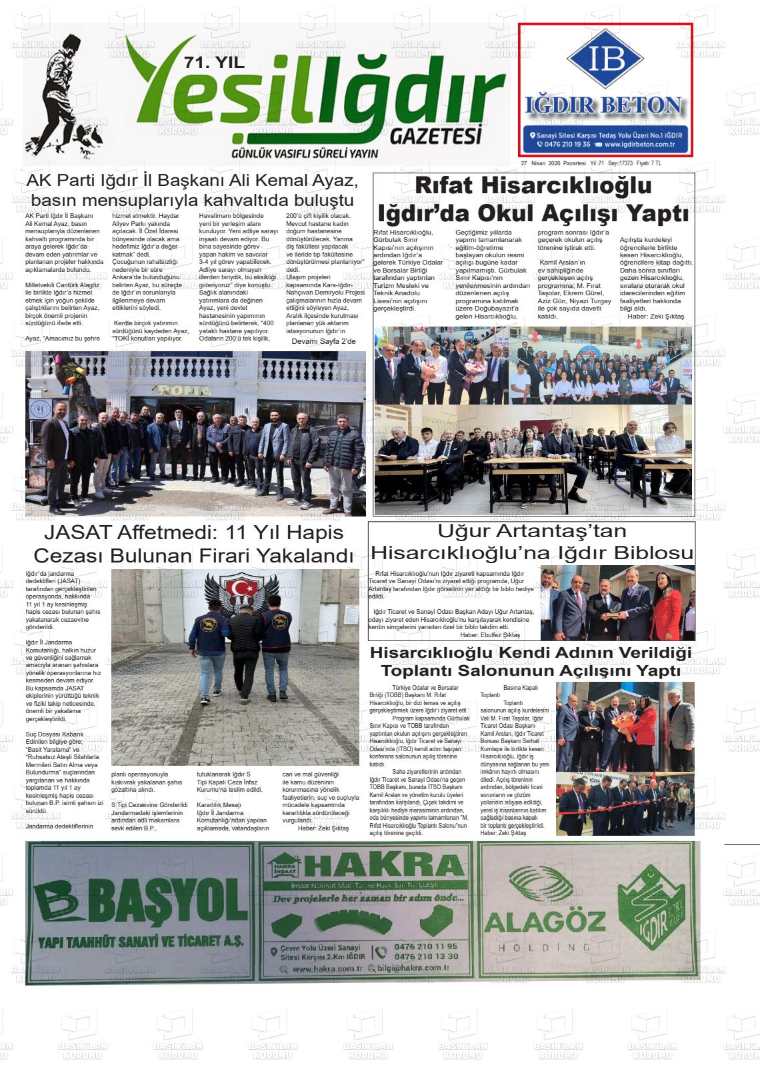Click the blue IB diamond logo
(x=606, y=59)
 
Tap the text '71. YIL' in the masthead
(x=215, y=64)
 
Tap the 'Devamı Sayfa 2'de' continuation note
(x=324, y=342)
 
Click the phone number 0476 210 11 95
(x=426, y=946)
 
